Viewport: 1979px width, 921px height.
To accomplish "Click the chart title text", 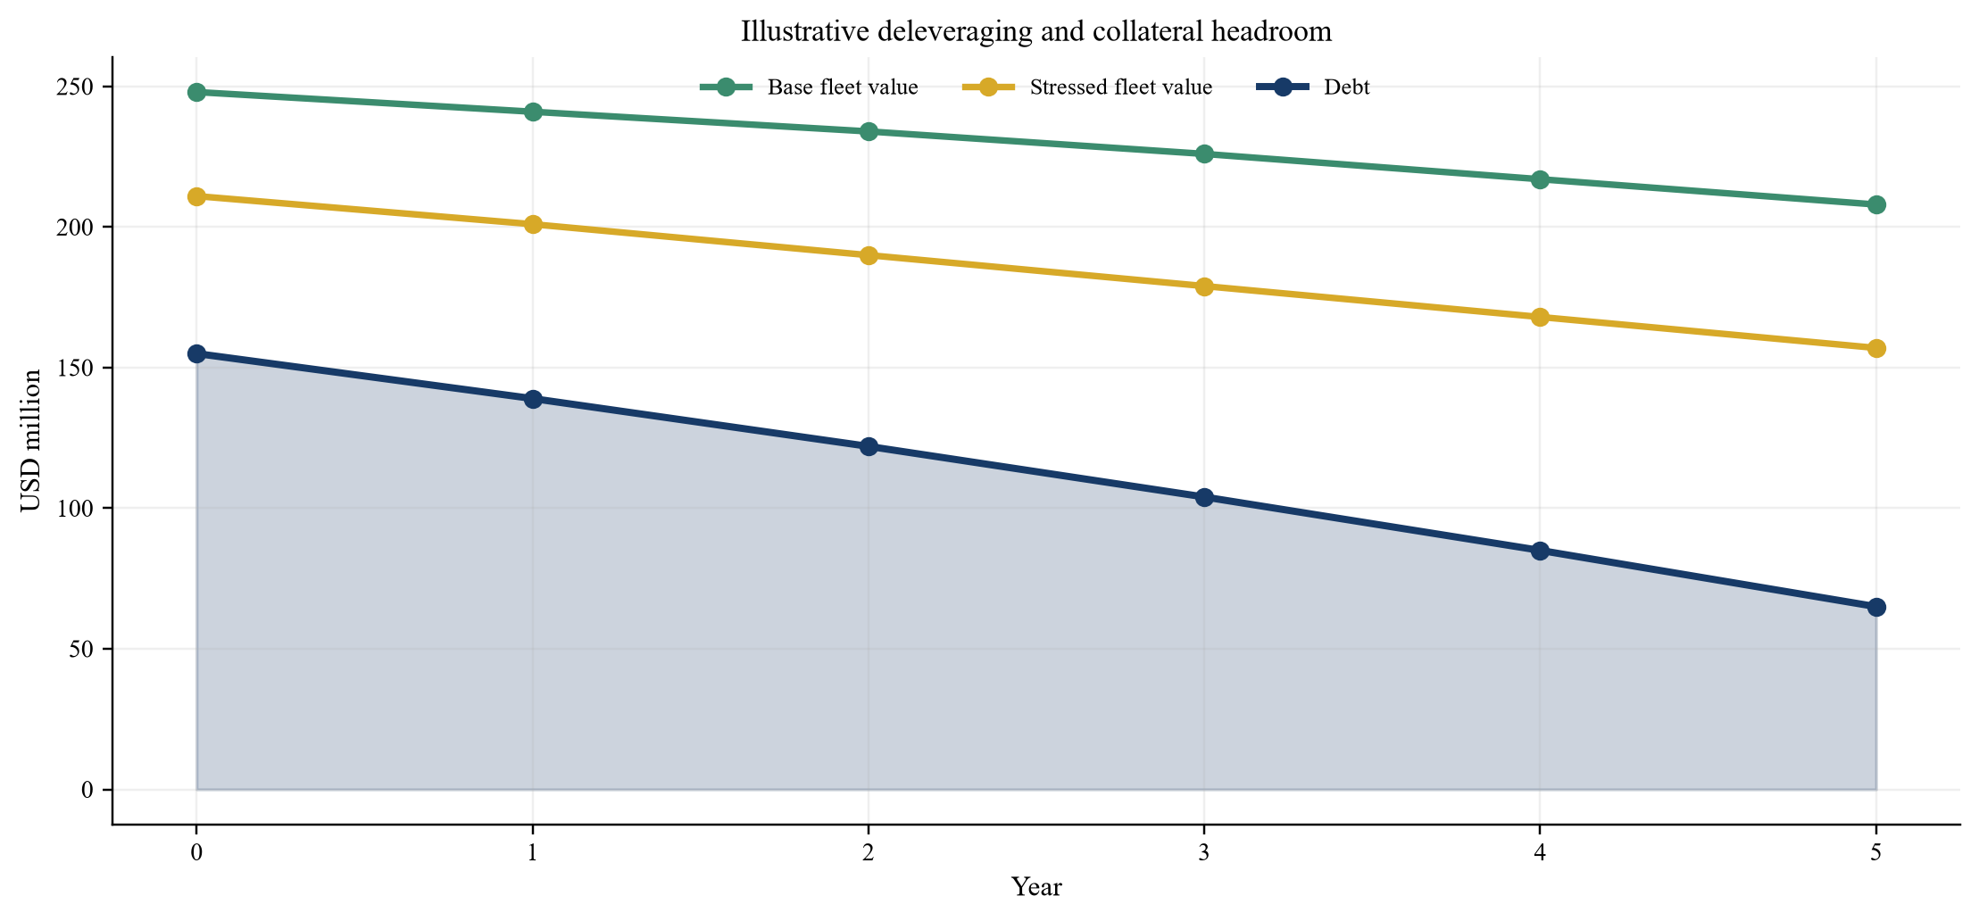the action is pos(1036,32).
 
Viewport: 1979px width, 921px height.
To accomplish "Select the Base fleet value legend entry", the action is pos(809,87).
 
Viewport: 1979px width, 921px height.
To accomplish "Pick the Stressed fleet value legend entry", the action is pos(1086,87).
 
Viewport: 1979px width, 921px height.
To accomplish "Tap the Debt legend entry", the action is pos(1313,87).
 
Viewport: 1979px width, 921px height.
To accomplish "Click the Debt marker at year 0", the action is pos(196,354).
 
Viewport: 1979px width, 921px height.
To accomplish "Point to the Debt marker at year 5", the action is pos(1876,608).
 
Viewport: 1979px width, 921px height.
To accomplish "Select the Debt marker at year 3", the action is pos(1204,497).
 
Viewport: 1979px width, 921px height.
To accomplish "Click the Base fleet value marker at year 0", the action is pos(196,93).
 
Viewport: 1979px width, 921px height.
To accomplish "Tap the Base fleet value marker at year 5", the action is pos(1876,205).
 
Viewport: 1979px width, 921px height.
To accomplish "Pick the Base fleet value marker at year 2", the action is pos(869,132).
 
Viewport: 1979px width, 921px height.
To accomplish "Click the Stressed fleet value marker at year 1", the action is pos(533,225).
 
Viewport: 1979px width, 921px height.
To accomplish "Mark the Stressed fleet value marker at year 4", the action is pos(1540,318).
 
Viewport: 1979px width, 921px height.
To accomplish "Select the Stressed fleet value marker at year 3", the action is pos(1204,286).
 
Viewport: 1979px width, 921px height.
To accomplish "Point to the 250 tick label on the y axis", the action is pos(78,87).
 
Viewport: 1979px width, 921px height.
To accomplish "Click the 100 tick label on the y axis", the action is pos(78,509).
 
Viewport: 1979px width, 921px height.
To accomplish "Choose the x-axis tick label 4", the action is pos(1540,853).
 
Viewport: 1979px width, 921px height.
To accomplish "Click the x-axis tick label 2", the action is pos(869,853).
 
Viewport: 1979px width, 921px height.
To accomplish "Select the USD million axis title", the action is pos(31,441).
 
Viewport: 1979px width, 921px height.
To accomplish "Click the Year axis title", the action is pos(1036,887).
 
